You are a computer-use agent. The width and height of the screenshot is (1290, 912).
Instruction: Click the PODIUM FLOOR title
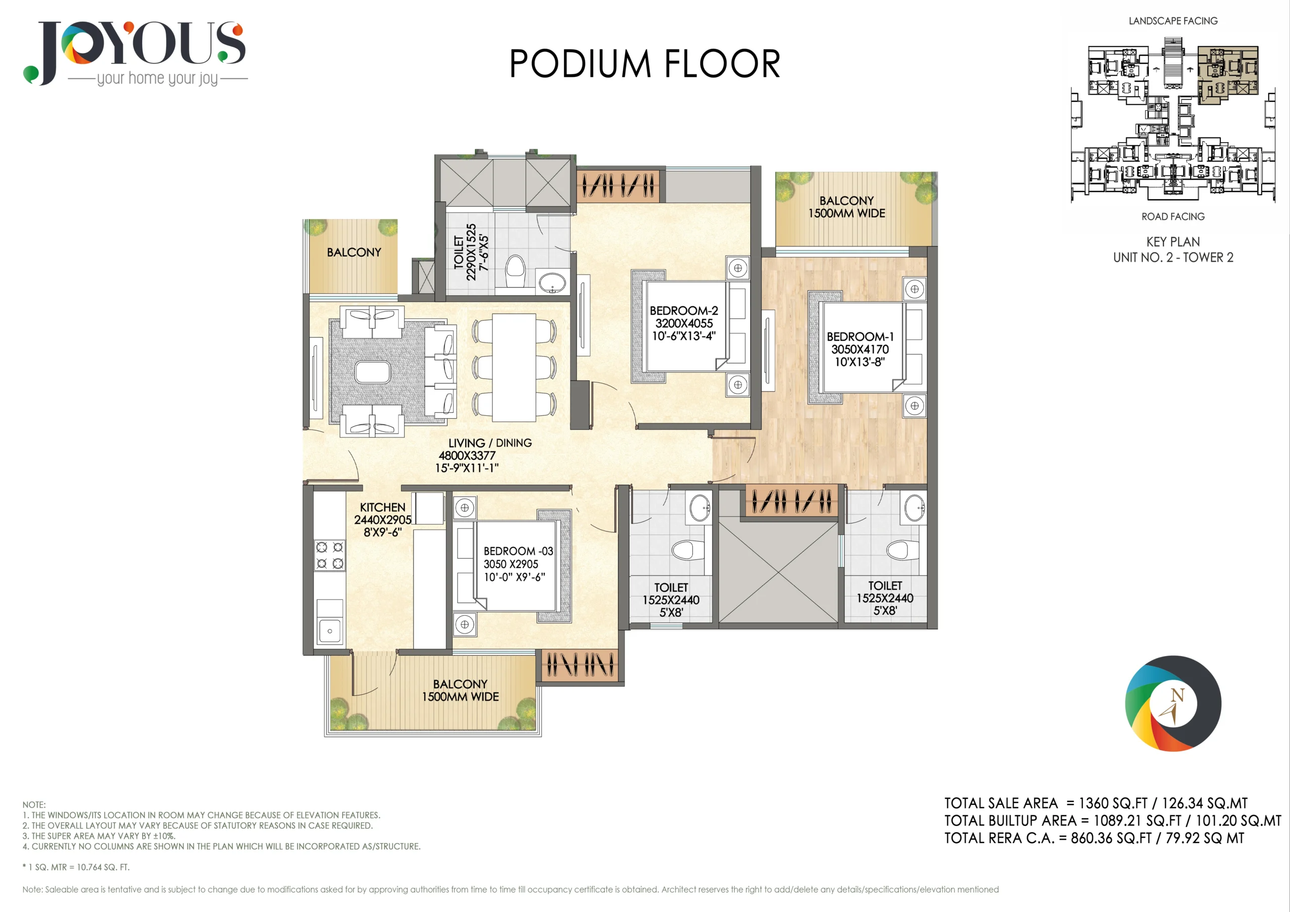click(644, 63)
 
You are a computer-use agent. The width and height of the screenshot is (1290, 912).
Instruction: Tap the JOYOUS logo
click(135, 53)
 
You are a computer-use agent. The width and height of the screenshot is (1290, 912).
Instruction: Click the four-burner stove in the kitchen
click(329, 555)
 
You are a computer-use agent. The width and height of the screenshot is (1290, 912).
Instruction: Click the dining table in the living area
click(514, 367)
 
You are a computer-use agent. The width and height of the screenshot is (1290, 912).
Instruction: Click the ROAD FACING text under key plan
click(1173, 216)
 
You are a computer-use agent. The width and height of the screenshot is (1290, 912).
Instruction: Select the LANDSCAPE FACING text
click(1173, 21)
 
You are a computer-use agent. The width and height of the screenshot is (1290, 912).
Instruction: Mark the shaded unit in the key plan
click(1228, 75)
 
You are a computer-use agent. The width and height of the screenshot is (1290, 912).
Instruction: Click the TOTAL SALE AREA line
click(1095, 803)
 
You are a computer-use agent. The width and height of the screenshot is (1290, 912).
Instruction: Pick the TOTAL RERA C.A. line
click(1094, 838)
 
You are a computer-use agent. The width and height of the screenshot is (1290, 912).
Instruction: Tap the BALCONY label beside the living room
click(354, 252)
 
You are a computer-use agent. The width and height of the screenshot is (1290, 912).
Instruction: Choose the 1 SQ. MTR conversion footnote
click(76, 867)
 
